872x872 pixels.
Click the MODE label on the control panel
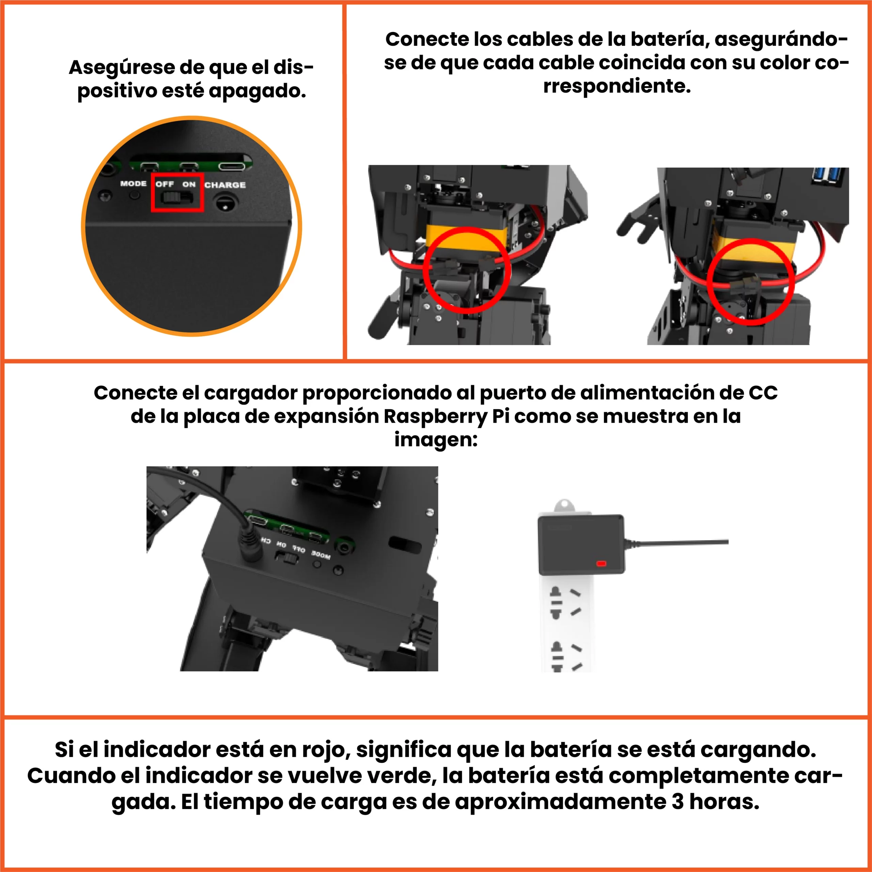pos(133,184)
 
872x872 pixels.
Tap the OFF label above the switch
pos(165,184)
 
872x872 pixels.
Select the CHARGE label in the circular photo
pos(225,185)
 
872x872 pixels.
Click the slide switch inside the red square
pos(177,198)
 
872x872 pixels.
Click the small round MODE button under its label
pos(134,196)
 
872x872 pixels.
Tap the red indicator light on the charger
pos(601,564)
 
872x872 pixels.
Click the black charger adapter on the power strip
pos(581,544)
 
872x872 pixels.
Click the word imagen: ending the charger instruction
pos(436,440)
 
